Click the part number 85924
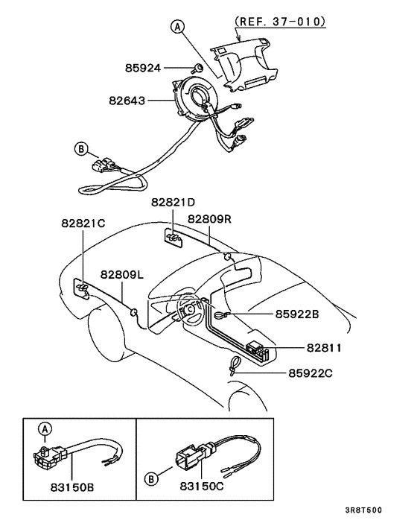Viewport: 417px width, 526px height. click(143, 69)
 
